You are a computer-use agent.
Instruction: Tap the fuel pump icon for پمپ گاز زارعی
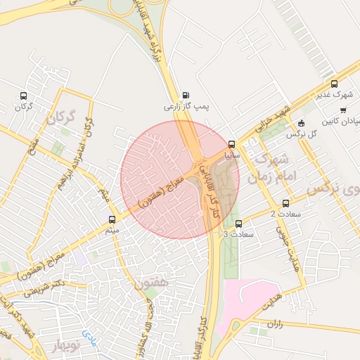tap(186, 96)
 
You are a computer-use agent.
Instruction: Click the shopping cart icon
tap(343, 110)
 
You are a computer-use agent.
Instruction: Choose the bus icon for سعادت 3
tap(247, 224)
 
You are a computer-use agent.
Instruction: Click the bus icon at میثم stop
tap(112, 220)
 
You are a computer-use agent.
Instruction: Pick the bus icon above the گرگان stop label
tap(24, 96)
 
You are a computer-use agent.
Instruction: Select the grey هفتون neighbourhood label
tap(151, 283)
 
